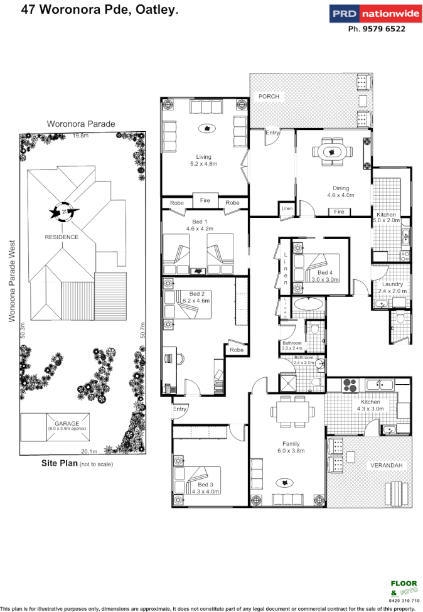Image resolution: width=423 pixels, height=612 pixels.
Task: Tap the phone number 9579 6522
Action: (377, 29)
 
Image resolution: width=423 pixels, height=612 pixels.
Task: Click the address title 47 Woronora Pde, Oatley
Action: (100, 9)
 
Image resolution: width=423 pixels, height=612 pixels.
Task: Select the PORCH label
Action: (269, 97)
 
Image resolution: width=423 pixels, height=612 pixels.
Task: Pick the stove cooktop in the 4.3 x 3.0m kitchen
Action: (348, 385)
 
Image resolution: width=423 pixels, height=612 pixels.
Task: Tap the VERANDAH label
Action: (385, 465)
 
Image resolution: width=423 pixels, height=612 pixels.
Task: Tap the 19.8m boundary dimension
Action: (79, 136)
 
